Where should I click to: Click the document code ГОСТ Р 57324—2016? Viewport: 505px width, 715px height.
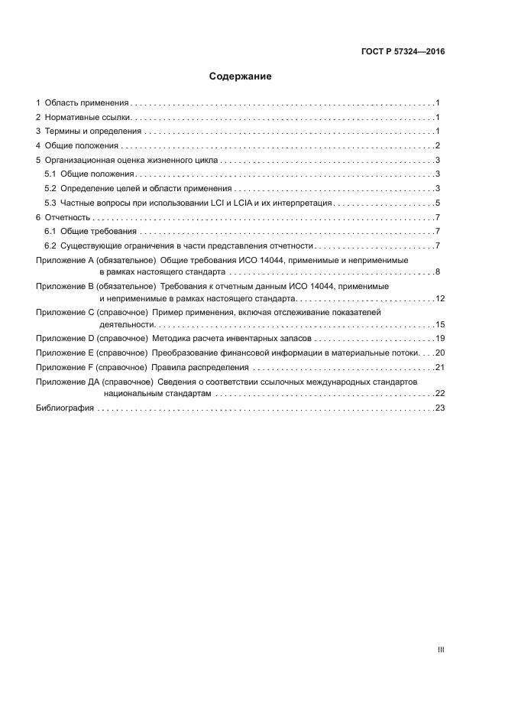(x=403, y=52)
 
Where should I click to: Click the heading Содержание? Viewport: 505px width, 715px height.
(x=240, y=76)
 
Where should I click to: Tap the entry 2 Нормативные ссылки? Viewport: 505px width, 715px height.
(x=85, y=117)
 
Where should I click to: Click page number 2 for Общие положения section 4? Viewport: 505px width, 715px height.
(x=438, y=146)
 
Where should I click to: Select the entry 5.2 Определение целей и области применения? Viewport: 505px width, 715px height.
(x=138, y=188)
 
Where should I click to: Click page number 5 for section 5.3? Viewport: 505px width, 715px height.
(x=438, y=203)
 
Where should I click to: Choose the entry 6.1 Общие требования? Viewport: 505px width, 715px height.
(x=91, y=231)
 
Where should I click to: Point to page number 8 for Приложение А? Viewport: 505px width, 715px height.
(x=438, y=271)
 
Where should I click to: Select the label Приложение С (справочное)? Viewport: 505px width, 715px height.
(x=92, y=313)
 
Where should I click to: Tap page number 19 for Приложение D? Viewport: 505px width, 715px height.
(x=439, y=338)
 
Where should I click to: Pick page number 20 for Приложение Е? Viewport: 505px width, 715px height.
(x=439, y=353)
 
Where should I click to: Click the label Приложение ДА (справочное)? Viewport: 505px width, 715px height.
(x=94, y=381)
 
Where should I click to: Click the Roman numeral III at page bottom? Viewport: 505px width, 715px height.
(x=440, y=649)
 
